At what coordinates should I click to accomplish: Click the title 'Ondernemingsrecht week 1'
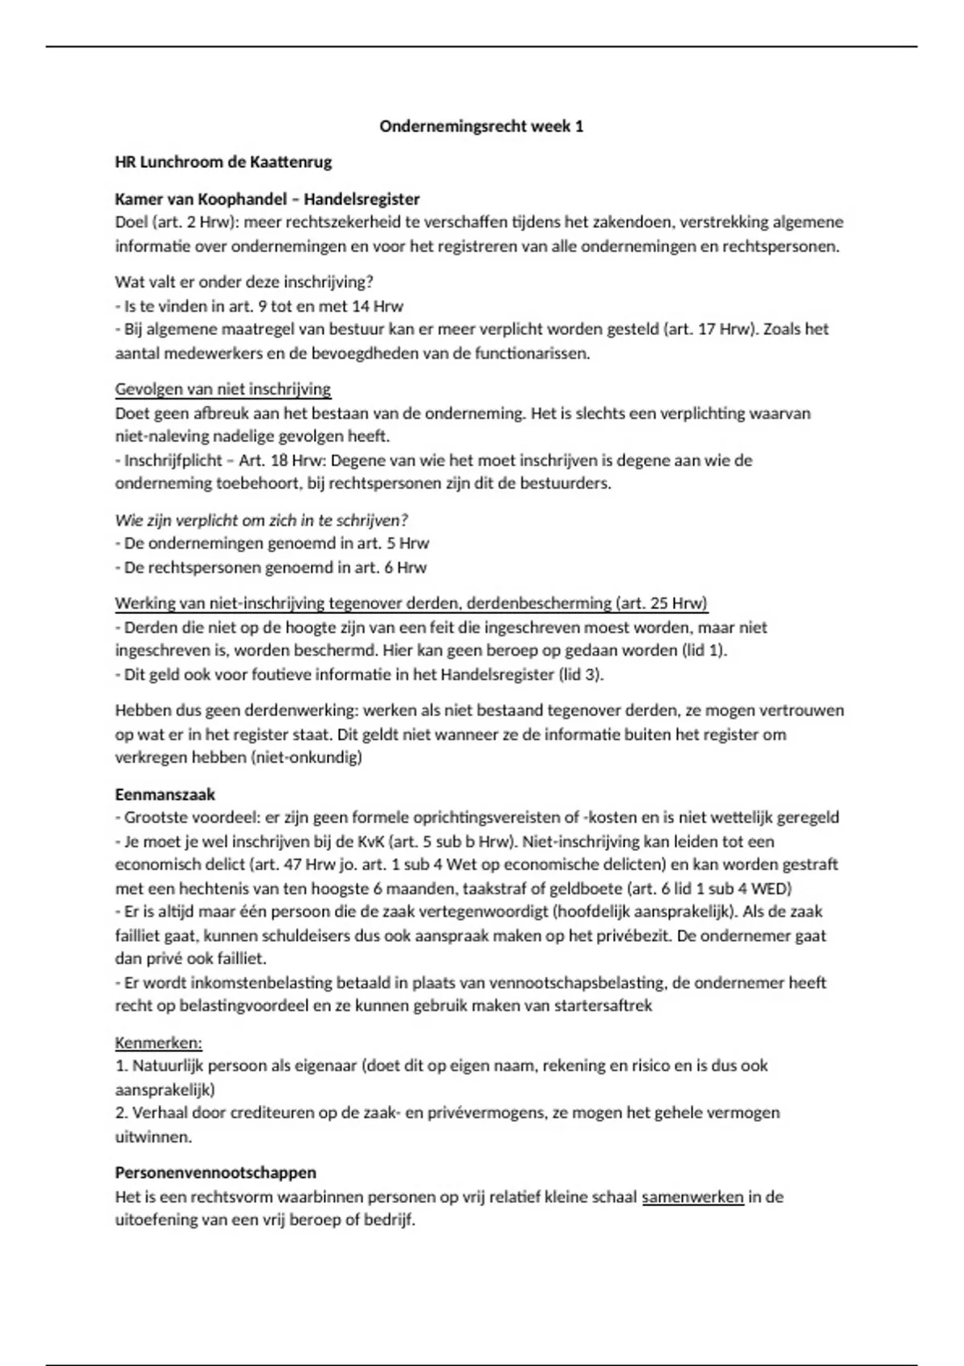coord(481,126)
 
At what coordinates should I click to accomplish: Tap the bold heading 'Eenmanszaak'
coord(165,794)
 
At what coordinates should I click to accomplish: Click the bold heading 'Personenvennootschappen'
coord(215,1172)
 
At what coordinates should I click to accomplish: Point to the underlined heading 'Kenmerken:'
coord(158,1043)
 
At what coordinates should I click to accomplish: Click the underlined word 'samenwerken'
coord(692,1196)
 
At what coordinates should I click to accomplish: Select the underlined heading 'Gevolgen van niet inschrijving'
coord(223,390)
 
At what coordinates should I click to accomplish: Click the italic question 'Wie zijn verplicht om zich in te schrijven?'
coord(261,520)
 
